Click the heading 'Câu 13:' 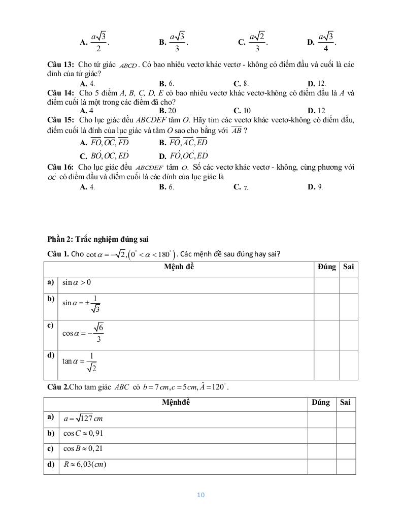point(61,65)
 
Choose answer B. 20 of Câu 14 point(167,110)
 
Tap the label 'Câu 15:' point(61,120)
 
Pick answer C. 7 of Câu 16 point(241,187)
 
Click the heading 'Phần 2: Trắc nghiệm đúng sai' point(97,239)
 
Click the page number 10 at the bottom point(200,495)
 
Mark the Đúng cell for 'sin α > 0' point(326,284)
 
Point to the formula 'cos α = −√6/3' point(83,334)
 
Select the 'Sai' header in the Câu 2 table point(345,403)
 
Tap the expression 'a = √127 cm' point(83,419)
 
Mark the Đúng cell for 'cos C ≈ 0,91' point(321,434)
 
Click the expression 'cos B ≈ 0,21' point(83,449)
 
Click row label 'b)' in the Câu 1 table point(51,299)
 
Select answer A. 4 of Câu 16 point(88,187)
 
